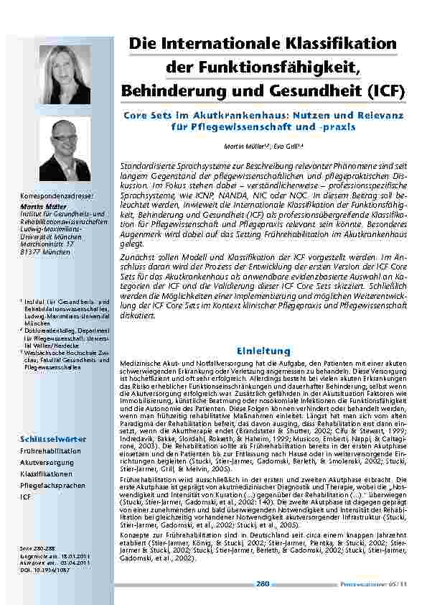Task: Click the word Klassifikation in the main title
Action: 338,45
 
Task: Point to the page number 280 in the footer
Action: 263,583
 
